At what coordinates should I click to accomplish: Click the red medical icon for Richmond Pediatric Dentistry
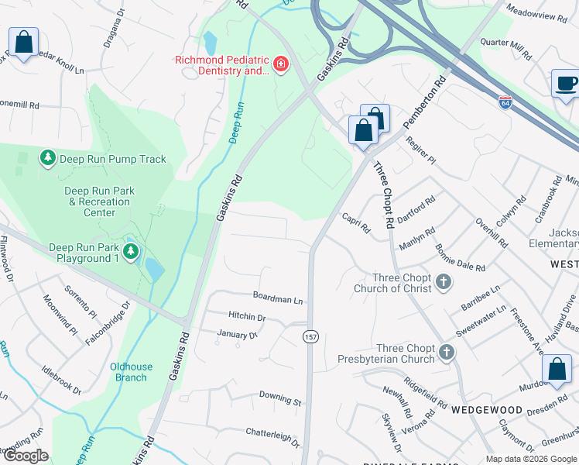click(281, 64)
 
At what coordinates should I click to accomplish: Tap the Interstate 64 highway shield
click(505, 102)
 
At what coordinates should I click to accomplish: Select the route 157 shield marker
click(310, 336)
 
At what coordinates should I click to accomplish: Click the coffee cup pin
click(565, 84)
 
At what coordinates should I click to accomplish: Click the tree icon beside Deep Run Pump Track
click(48, 159)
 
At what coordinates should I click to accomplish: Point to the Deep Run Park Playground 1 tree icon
click(131, 252)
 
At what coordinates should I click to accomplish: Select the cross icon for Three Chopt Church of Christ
click(444, 282)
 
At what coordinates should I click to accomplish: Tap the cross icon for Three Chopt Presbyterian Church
click(446, 353)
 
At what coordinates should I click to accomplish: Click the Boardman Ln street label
click(278, 297)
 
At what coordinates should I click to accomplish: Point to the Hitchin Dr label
click(247, 317)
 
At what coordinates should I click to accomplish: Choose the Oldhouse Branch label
click(131, 372)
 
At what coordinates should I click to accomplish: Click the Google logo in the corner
click(25, 456)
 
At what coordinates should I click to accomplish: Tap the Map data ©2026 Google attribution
click(530, 459)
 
